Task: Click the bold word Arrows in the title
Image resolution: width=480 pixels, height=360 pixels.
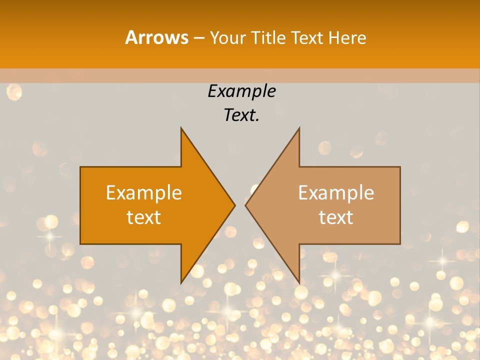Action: pyautogui.click(x=156, y=37)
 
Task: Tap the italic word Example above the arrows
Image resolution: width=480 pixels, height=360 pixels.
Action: pyautogui.click(x=241, y=91)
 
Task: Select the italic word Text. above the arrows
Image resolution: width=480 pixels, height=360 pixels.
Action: pyautogui.click(x=241, y=115)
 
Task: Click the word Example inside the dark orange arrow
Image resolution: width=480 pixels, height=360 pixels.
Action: pyautogui.click(x=144, y=193)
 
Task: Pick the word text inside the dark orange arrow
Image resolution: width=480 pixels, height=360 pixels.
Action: pyautogui.click(x=144, y=217)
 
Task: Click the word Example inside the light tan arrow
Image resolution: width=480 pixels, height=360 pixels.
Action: pyautogui.click(x=336, y=193)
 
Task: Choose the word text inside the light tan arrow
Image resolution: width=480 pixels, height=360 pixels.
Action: pyautogui.click(x=336, y=217)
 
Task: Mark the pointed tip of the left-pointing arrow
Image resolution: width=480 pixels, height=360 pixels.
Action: pyautogui.click(x=246, y=205)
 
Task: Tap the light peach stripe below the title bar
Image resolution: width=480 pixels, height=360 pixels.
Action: pyautogui.click(x=240, y=75)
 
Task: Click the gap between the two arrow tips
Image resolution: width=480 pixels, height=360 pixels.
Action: pyautogui.click(x=240, y=205)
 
